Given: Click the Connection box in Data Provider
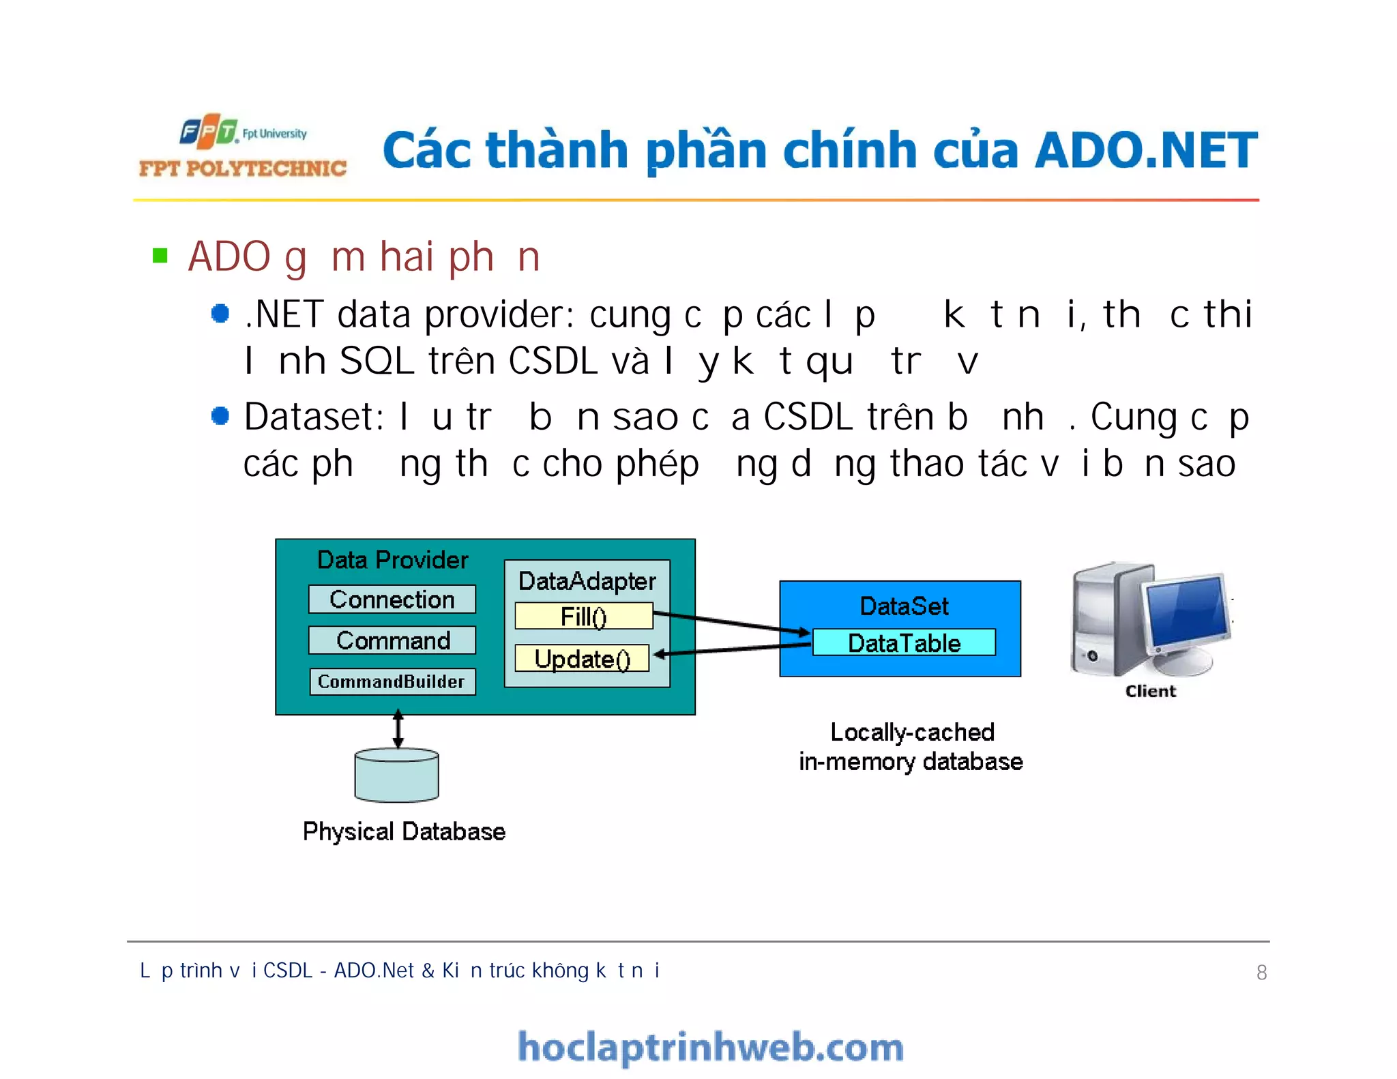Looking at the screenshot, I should (392, 600).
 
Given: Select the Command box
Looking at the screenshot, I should (392, 640).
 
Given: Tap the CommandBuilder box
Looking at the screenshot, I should (392, 681).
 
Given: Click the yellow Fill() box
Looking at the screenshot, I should (583, 617).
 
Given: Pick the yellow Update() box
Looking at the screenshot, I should (582, 659).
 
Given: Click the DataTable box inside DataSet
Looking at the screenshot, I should (903, 643).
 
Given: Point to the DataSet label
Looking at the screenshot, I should (903, 606).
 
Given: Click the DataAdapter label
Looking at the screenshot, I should (587, 581).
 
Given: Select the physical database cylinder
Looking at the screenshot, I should (396, 775).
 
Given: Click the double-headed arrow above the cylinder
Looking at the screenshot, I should (398, 729).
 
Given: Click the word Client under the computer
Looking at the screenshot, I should (1150, 692).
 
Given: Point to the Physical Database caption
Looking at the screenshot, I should (404, 832).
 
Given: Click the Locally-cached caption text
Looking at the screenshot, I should (911, 733).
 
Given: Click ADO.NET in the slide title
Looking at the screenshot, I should (1146, 150).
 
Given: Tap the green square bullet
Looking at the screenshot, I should (160, 256).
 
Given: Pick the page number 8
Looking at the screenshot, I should (1261, 973).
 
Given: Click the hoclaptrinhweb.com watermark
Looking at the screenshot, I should (710, 1048).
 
